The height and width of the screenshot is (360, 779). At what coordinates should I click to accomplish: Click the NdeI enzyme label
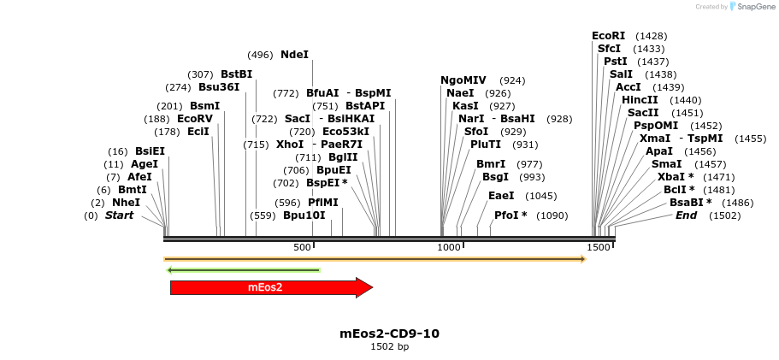tap(294, 55)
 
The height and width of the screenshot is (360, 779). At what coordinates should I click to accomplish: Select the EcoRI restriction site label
tap(608, 36)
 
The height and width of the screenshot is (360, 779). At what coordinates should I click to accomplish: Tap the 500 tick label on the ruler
tap(302, 247)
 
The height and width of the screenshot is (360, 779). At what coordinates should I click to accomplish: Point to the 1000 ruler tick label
tap(449, 247)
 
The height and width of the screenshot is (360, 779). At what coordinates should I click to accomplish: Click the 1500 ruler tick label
tap(599, 247)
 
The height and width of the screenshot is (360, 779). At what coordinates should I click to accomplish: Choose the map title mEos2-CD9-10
tap(389, 333)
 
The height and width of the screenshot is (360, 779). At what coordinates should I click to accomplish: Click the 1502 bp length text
tap(389, 346)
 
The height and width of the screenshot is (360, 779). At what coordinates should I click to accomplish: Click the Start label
tap(119, 215)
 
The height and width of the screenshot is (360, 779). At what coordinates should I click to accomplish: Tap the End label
tap(686, 215)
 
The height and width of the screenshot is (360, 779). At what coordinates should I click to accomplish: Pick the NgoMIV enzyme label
tap(463, 80)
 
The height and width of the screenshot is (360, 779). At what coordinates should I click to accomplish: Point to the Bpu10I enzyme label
tap(304, 215)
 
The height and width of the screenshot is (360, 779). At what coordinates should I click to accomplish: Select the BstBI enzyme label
tap(236, 74)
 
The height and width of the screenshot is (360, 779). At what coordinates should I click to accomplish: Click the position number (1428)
tap(652, 36)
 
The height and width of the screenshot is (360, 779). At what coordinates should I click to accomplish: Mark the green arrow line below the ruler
tap(244, 270)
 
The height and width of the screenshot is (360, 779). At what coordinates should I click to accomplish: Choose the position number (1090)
tap(552, 215)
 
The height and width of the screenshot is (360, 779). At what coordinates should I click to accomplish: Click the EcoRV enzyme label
tap(194, 119)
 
